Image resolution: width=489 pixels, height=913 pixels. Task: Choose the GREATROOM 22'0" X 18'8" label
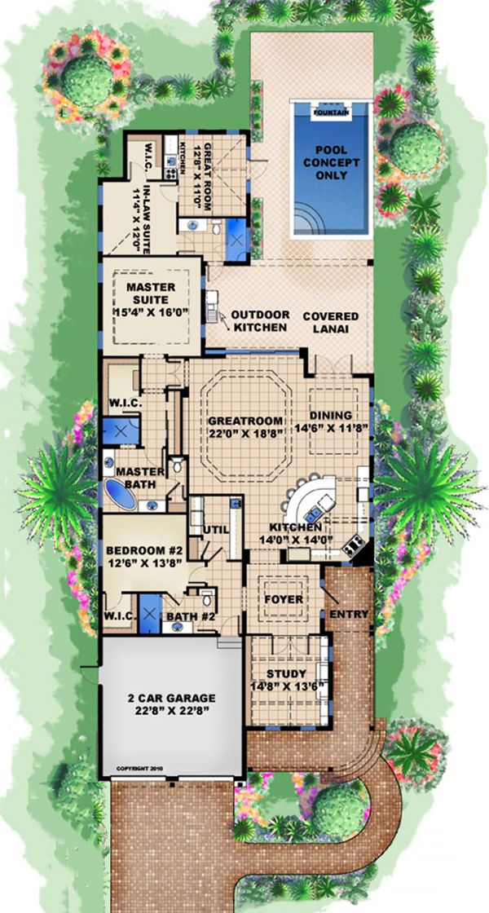[245, 427]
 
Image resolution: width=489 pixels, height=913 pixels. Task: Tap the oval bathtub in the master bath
[121, 494]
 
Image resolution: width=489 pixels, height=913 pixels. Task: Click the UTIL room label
[213, 531]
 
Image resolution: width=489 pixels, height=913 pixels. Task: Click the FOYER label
[284, 600]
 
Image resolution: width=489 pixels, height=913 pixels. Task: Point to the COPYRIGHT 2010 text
[136, 768]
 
